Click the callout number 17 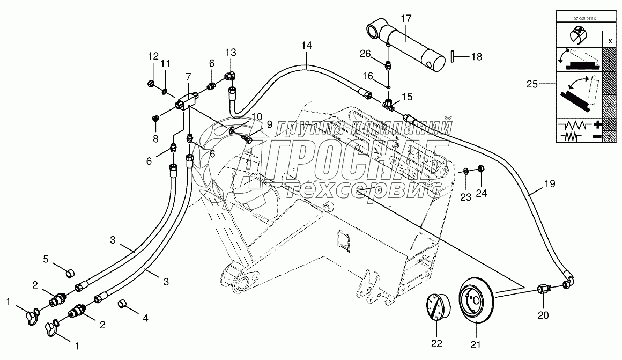click(405, 19)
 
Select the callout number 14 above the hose click(306, 46)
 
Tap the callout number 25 click(532, 84)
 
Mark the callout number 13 click(230, 52)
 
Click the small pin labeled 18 click(453, 56)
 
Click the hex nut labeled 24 click(481, 170)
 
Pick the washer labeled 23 click(466, 171)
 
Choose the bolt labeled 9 click(247, 139)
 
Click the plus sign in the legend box click(596, 124)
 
